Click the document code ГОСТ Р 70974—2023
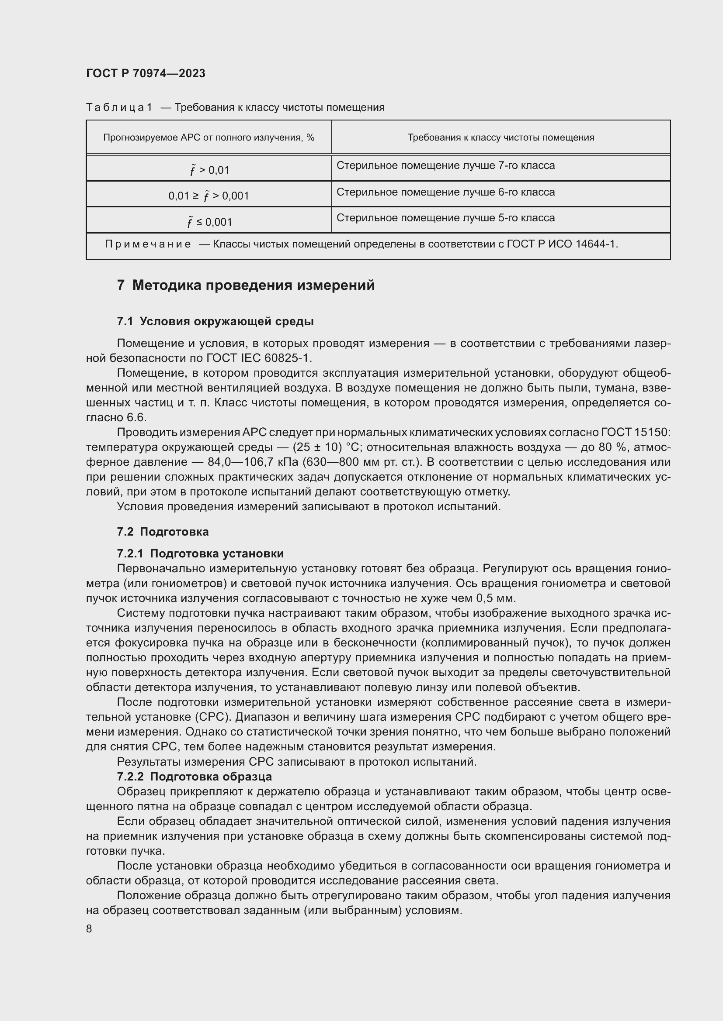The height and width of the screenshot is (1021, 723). [x=146, y=73]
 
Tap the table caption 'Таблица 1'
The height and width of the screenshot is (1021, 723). [x=119, y=107]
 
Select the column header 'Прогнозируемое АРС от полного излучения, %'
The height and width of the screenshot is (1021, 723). [x=209, y=138]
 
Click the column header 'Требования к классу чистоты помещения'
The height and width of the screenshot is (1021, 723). [x=501, y=138]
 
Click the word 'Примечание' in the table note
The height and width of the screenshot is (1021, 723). [x=148, y=244]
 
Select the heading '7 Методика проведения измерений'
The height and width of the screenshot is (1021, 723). [x=246, y=285]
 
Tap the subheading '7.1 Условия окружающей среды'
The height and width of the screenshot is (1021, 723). [x=215, y=322]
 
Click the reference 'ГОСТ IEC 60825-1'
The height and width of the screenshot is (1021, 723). [x=259, y=358]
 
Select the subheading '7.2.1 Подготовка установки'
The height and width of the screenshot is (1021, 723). [x=200, y=553]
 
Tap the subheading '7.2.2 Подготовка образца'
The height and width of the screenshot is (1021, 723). [x=194, y=777]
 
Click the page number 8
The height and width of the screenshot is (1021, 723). [x=89, y=929]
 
